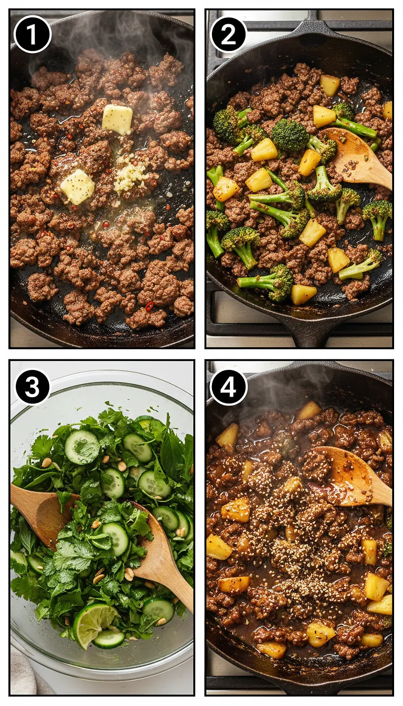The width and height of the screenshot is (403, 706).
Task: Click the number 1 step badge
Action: coord(33,34)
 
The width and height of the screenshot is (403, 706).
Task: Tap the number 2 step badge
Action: coord(228,34)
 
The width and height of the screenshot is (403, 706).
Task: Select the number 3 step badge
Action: coord(33,387)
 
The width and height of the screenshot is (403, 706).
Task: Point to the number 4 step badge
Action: coord(228,387)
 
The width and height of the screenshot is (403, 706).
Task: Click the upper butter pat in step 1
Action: coord(118,119)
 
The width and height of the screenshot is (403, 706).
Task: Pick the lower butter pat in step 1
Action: coord(78,186)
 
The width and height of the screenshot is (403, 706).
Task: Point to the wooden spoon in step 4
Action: coord(357,475)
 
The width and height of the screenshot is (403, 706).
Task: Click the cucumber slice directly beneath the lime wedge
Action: coord(110,639)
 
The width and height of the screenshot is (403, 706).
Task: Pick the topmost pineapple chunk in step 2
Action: coord(330,85)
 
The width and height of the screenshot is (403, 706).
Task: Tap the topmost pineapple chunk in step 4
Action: coord(309,410)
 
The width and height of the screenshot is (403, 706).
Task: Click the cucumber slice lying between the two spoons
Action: coord(116,538)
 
